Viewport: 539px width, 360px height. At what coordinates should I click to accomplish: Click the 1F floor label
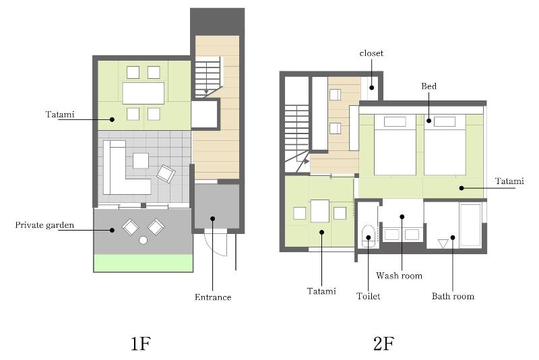[141, 344]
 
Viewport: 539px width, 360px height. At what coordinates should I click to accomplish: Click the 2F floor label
[383, 344]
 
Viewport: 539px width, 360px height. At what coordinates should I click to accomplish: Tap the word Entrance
[213, 297]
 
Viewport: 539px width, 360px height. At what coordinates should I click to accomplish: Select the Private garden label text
[44, 225]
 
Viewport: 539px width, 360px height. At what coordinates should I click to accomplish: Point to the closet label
[371, 53]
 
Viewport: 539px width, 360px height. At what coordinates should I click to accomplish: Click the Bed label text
[429, 86]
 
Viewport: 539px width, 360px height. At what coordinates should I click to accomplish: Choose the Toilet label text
[368, 296]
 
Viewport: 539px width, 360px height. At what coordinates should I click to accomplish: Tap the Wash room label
[399, 276]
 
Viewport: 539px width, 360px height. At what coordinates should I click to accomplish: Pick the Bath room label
[453, 297]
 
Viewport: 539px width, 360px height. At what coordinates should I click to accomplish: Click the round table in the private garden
[144, 241]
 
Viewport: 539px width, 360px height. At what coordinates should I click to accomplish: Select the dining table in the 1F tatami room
[144, 93]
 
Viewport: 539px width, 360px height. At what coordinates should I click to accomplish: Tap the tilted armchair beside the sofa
[166, 174]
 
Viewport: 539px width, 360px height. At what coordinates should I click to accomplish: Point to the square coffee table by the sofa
[141, 160]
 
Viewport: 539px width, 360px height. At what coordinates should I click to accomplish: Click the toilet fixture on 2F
[368, 236]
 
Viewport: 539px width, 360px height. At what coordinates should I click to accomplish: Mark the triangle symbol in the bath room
[443, 243]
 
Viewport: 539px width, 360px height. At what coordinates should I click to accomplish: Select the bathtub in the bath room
[470, 225]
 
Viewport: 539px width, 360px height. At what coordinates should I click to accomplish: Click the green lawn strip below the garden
[144, 263]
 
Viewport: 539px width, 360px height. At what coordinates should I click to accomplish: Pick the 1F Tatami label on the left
[60, 114]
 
